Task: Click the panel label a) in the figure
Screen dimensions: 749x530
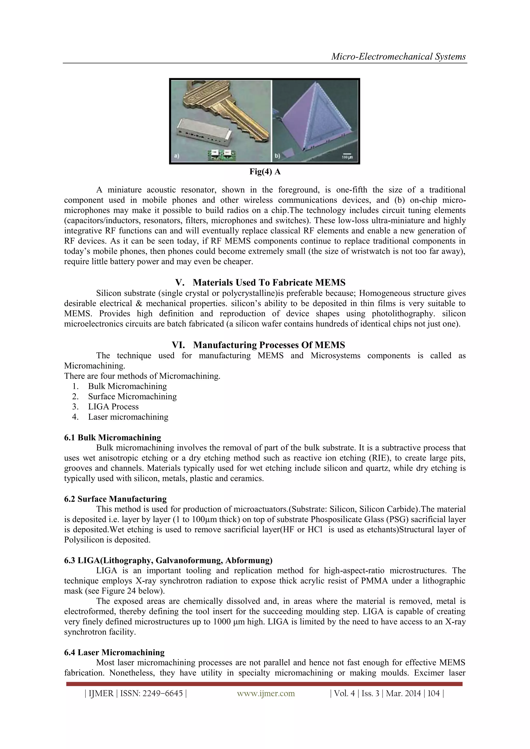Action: click(x=176, y=156)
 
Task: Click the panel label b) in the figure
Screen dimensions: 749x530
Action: click(x=277, y=156)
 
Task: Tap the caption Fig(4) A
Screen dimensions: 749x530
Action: click(x=265, y=172)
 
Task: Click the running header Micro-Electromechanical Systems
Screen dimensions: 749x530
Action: click(x=399, y=57)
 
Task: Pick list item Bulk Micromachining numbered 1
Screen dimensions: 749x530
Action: click(x=127, y=386)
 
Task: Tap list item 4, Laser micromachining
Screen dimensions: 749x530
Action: click(x=128, y=417)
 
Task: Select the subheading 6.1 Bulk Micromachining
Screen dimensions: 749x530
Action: click(x=113, y=437)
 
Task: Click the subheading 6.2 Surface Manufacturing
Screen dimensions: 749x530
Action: click(x=115, y=499)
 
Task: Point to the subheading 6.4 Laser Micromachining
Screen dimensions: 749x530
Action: click(x=114, y=652)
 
